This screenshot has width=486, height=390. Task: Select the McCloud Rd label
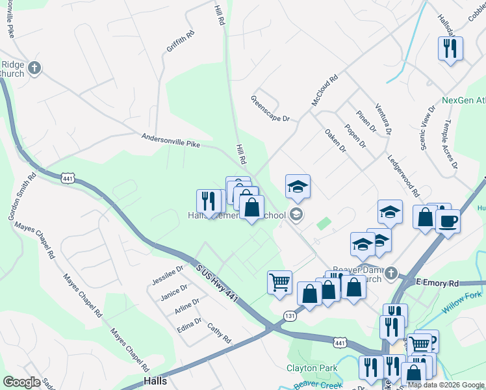coord(325,90)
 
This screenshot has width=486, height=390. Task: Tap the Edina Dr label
coord(189,325)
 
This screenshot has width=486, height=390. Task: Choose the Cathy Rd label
coord(219,333)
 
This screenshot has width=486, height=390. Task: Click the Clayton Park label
coord(312,368)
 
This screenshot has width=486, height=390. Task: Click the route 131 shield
coord(290,315)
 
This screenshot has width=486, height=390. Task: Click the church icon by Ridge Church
coord(34,67)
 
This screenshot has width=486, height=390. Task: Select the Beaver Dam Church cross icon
coord(390,274)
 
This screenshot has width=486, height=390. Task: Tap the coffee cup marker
coord(447,221)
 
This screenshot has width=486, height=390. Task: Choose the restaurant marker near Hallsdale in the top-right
coord(450,47)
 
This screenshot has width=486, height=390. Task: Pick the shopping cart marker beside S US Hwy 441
coord(279,282)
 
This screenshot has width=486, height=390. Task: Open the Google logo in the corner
coord(21,382)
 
